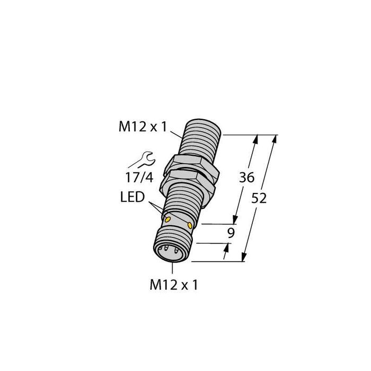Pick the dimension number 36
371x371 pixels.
click(x=246, y=178)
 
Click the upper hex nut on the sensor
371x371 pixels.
click(x=193, y=164)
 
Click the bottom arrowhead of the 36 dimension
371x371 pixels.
click(x=236, y=220)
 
